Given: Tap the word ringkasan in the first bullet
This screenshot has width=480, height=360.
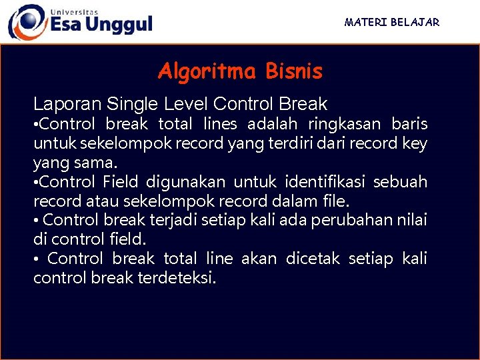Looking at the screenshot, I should (x=345, y=124).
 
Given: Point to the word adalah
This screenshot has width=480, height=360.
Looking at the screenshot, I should (x=273, y=124).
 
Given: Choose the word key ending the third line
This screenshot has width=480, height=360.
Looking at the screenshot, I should (x=415, y=143).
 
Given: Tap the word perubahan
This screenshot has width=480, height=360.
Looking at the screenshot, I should (x=359, y=220).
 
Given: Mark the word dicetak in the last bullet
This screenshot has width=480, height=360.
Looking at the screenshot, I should (x=313, y=258).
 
